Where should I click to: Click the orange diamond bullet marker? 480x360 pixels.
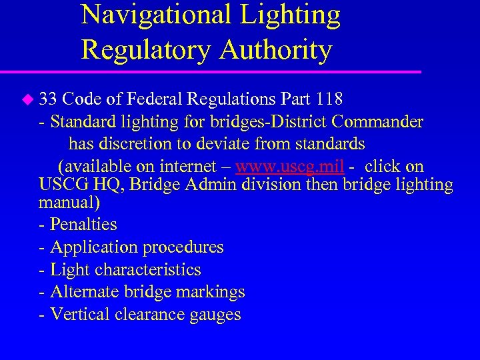[27, 100]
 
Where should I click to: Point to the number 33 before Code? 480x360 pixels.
[48, 100]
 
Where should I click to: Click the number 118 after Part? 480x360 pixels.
[329, 100]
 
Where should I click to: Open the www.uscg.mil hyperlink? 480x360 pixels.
[290, 167]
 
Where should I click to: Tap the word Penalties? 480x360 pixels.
[84, 225]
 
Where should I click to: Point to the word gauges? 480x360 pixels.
[216, 315]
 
